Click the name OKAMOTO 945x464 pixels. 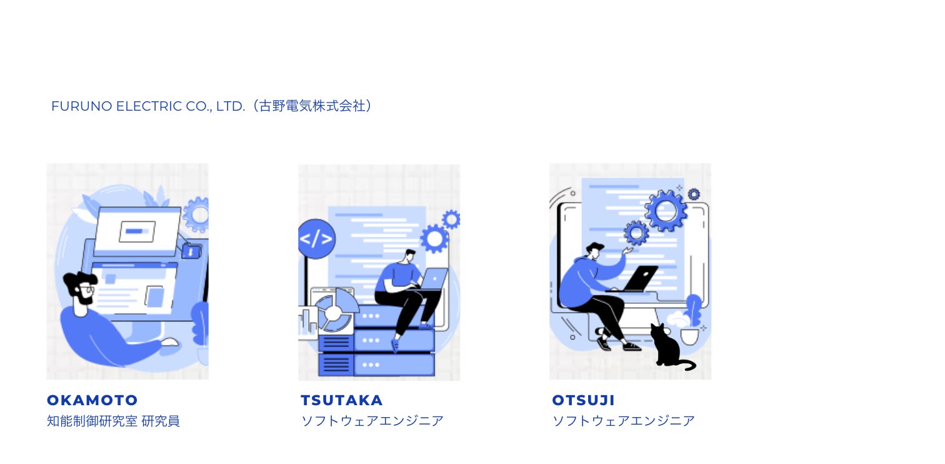pos(92,400)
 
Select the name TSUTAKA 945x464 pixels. pos(342,400)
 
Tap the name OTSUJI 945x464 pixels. pos(584,400)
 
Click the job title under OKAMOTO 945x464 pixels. pos(113,421)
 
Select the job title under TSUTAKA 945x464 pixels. pos(372,421)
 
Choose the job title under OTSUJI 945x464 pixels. pos(623,421)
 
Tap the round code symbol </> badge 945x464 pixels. pos(316,239)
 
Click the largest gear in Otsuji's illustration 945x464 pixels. pos(666,211)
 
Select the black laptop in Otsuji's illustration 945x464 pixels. pos(637,279)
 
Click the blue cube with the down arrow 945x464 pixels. pos(191,251)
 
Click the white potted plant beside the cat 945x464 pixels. pos(688,328)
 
